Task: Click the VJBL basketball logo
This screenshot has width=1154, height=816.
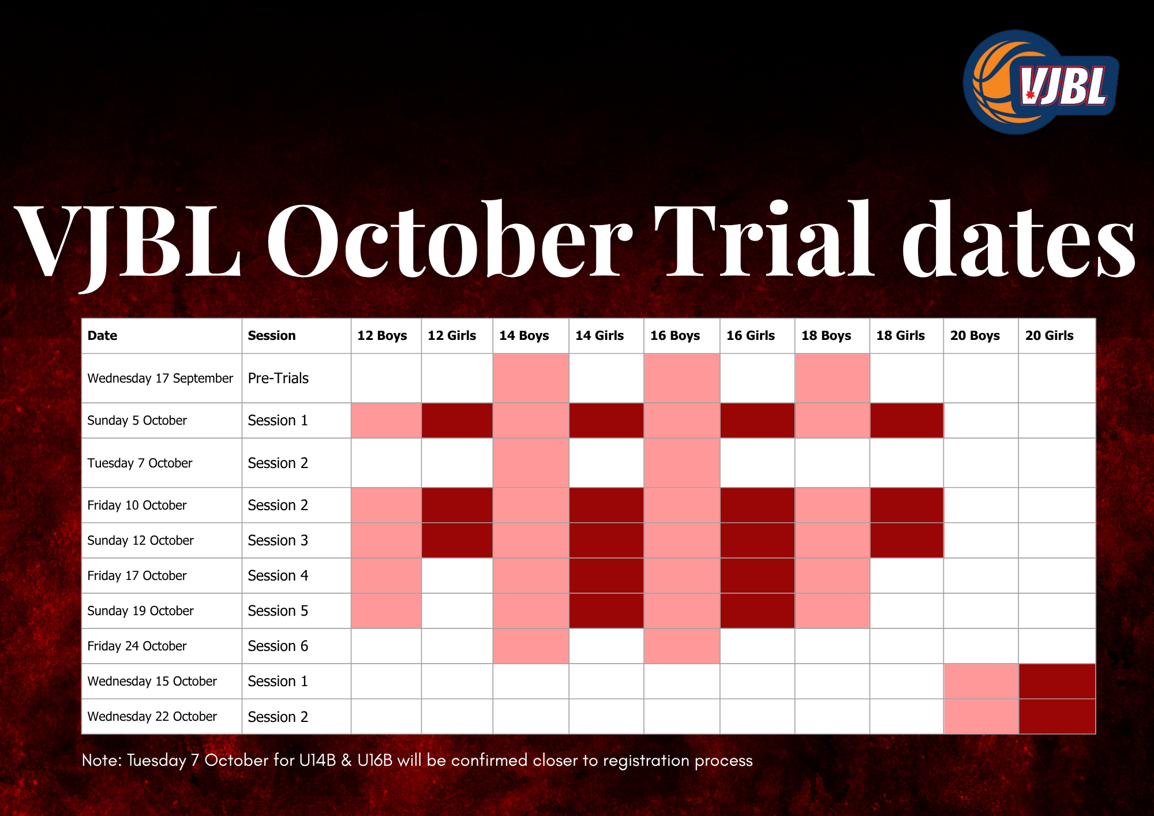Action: click(x=1040, y=82)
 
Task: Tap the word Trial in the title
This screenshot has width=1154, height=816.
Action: click(x=765, y=239)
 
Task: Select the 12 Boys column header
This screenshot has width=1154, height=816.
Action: click(x=382, y=335)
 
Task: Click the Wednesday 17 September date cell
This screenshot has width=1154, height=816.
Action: click(x=160, y=378)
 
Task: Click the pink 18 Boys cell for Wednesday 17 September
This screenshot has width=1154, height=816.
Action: click(x=832, y=378)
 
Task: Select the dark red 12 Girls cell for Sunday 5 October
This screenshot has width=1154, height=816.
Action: click(x=457, y=420)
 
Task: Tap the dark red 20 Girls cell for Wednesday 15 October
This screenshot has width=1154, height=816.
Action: click(x=1057, y=681)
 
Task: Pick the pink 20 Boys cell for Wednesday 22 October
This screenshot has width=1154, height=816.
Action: click(x=981, y=716)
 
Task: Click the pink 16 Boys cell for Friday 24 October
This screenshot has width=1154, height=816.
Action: click(x=682, y=646)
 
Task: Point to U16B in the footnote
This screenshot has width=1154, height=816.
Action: click(x=375, y=760)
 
